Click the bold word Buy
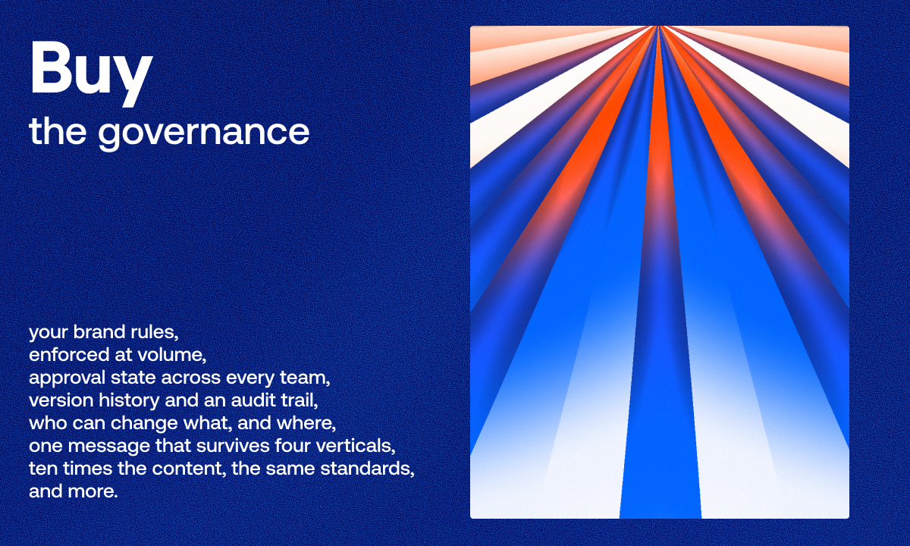(92, 73)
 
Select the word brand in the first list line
(99, 332)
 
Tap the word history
(129, 400)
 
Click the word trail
(300, 400)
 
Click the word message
(109, 446)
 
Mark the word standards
(367, 469)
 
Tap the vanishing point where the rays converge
(659, 27)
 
